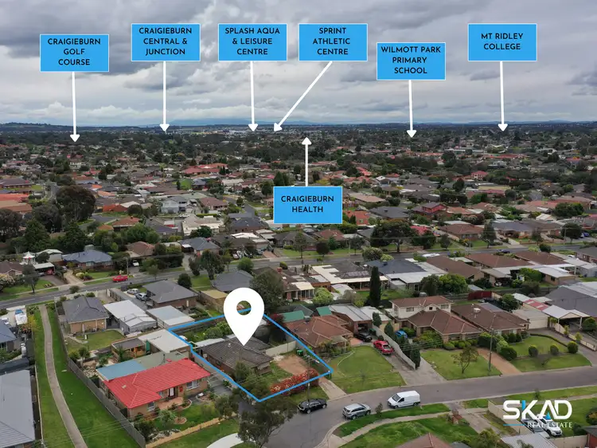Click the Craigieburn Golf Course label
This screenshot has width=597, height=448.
pos(74,53)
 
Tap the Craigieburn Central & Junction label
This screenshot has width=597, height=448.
pos(166,42)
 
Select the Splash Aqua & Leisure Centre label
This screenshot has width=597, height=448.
pos(252,42)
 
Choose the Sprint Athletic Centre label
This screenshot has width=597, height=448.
pos(333,42)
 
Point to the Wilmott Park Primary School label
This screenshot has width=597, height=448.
pos(411,61)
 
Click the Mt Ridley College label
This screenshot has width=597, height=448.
pos(501,42)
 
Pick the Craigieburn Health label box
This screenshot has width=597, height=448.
pos(307,204)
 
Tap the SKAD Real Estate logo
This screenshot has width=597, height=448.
pos(537,413)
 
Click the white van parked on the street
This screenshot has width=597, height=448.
pos(404,399)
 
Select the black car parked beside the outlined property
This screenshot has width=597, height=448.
pos(312,406)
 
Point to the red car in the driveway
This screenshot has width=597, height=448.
pos(384,347)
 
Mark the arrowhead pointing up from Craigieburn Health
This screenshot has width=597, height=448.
pos(306,141)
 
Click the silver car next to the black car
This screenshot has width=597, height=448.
pos(356,411)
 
